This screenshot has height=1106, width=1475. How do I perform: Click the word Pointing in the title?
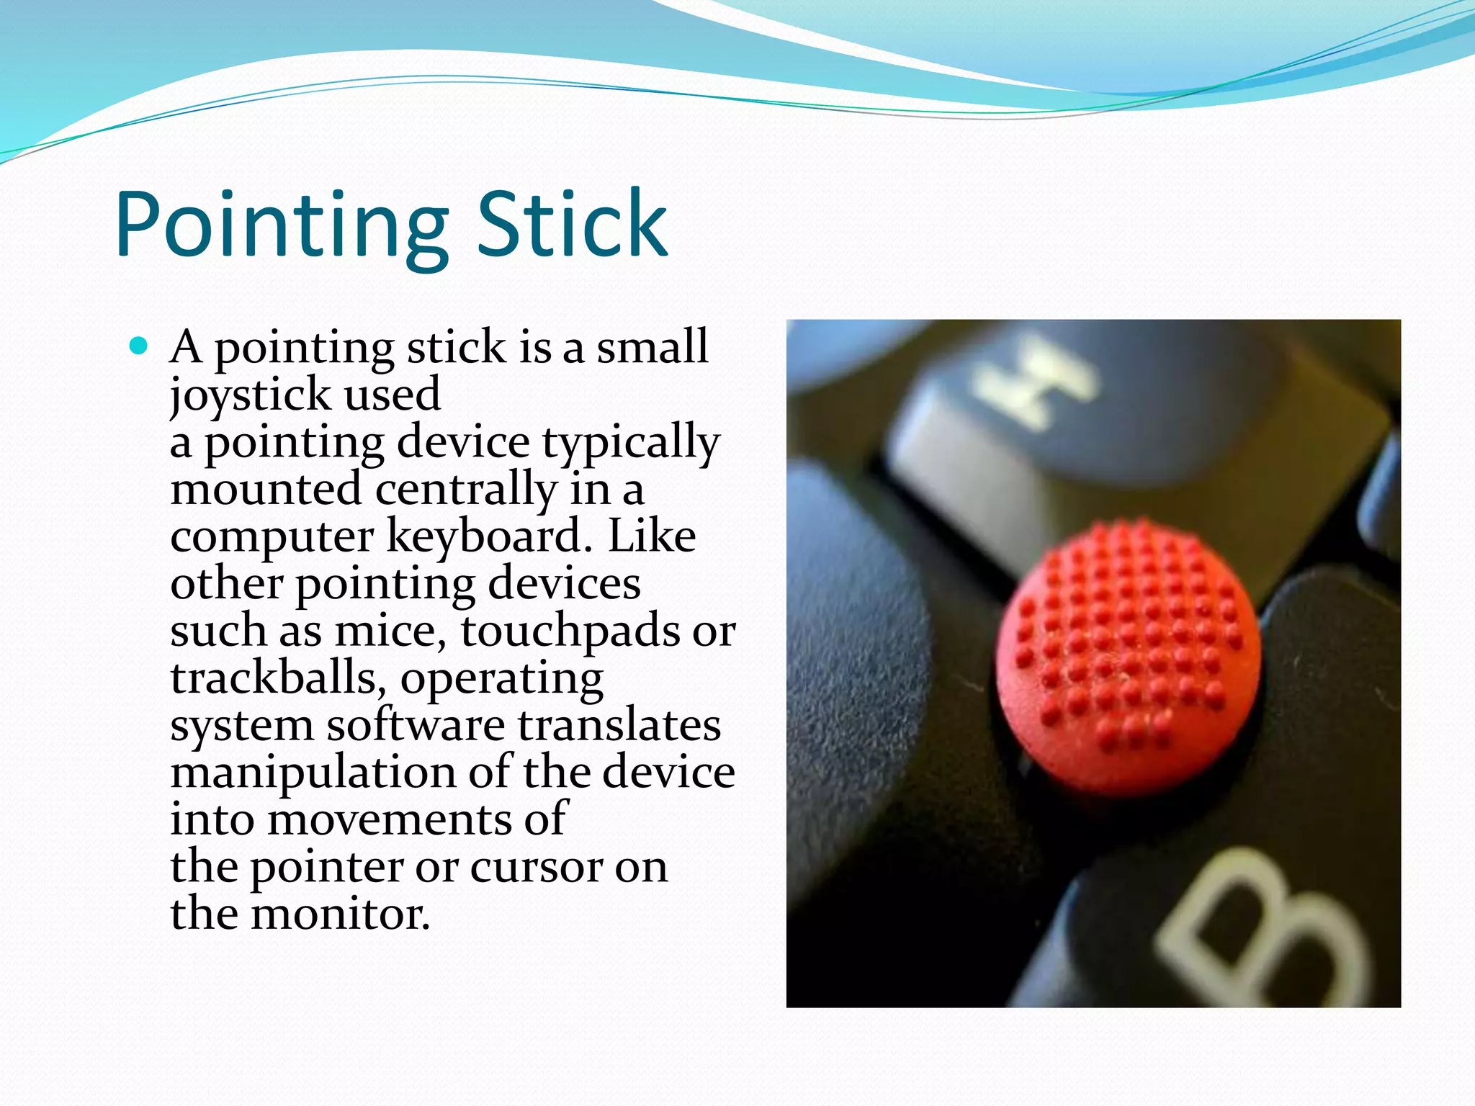[281, 225]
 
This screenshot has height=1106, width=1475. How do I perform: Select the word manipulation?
[313, 773]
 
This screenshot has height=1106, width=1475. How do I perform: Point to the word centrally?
[465, 490]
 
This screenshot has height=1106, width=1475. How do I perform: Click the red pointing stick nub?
[1129, 659]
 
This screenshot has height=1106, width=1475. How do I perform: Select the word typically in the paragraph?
[631, 443]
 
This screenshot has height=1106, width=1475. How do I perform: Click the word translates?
[619, 725]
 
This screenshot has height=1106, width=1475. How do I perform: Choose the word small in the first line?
[653, 347]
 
